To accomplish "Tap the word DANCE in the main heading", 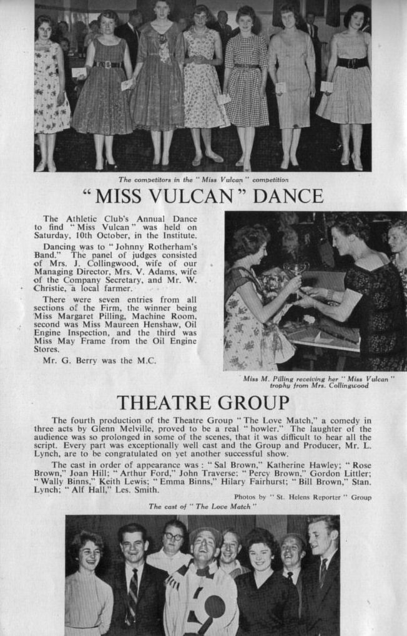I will click(288, 196).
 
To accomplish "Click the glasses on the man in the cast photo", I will click(174, 536).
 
